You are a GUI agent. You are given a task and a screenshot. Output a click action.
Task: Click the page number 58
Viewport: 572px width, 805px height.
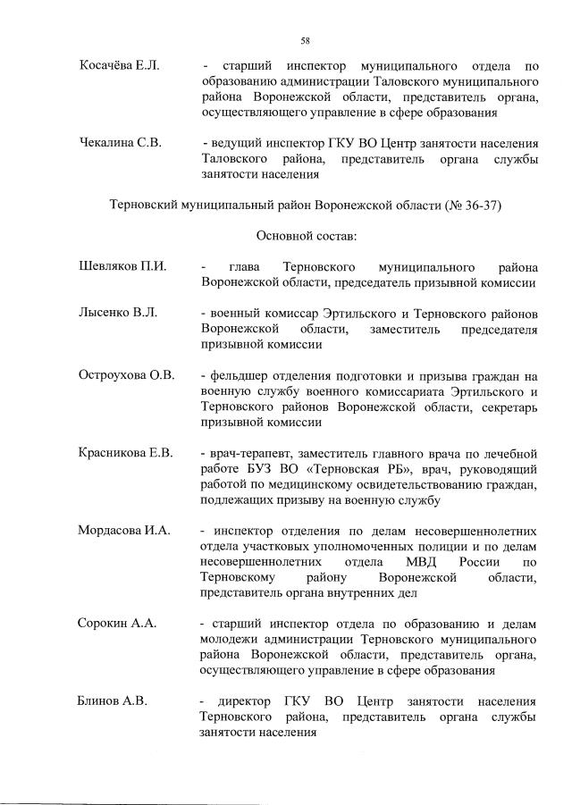point(305,41)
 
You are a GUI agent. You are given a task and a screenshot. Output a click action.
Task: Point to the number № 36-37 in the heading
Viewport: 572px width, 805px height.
point(475,205)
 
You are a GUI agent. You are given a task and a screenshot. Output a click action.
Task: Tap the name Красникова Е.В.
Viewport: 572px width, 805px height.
point(125,452)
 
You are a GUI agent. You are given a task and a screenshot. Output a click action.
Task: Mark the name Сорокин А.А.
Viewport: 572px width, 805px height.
point(117,623)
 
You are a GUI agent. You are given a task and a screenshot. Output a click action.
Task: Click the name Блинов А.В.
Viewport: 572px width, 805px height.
point(113,700)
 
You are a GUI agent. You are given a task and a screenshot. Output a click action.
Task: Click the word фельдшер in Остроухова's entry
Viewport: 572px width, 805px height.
point(239,375)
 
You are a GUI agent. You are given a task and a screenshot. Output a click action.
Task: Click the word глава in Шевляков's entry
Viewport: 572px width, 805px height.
point(244,267)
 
